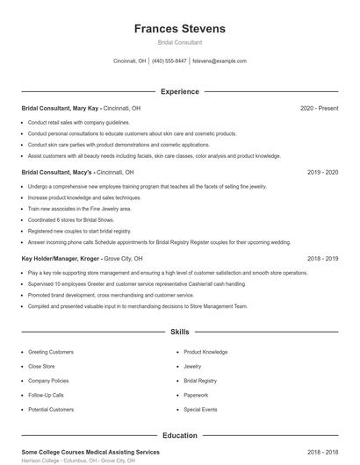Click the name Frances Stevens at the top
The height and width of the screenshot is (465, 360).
(x=180, y=29)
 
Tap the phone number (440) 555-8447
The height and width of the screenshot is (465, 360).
(x=169, y=61)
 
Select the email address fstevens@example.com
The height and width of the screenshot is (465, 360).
(x=220, y=61)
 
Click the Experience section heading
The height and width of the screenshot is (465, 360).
(x=180, y=91)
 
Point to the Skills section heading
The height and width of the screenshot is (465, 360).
(x=180, y=333)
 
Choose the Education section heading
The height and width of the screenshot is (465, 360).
(x=180, y=435)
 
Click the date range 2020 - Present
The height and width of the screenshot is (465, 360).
(x=319, y=108)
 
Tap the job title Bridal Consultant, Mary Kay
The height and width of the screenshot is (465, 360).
(x=59, y=108)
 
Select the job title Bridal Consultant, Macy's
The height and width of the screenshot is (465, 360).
(x=58, y=173)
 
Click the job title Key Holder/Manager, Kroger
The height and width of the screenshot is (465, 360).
(x=61, y=259)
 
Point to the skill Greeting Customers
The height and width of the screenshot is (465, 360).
(x=51, y=351)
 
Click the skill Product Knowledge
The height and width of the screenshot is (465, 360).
(x=205, y=351)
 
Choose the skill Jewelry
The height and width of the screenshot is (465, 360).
(x=192, y=366)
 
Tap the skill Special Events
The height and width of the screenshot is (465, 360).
(x=200, y=410)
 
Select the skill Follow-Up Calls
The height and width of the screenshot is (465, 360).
(x=46, y=395)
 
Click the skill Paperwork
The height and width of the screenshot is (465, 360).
(x=196, y=395)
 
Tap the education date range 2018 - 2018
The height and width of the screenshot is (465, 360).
(x=323, y=452)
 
